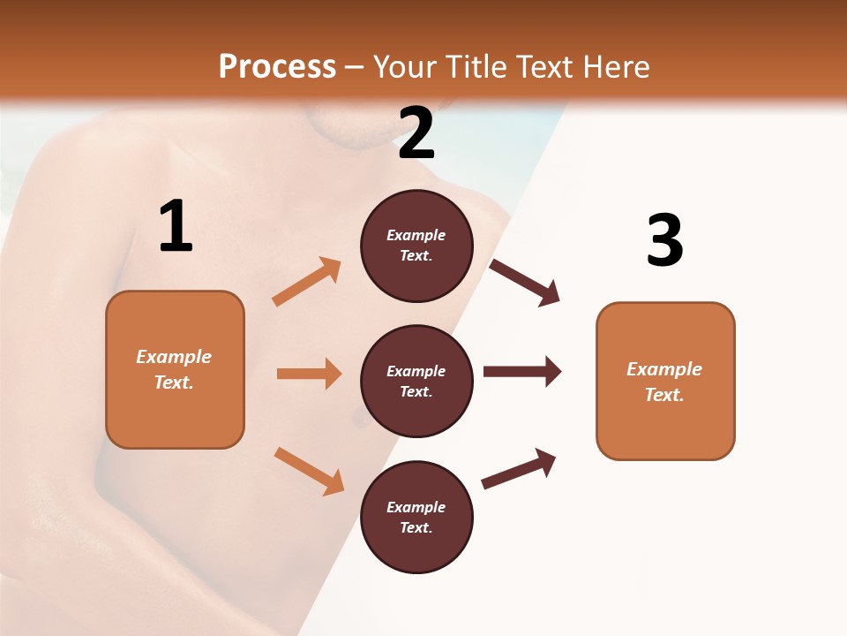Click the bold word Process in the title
(277, 67)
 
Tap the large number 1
(176, 227)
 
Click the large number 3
(664, 241)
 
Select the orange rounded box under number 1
(175, 369)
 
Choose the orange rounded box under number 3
(665, 381)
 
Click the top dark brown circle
(416, 246)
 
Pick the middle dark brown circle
(416, 381)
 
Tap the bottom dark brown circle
(416, 517)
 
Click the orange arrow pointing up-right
(307, 282)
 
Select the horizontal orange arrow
(309, 374)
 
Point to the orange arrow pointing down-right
(309, 471)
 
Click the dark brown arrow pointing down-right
(525, 283)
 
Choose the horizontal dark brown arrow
(522, 371)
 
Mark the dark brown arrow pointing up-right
(519, 468)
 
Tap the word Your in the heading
(407, 67)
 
